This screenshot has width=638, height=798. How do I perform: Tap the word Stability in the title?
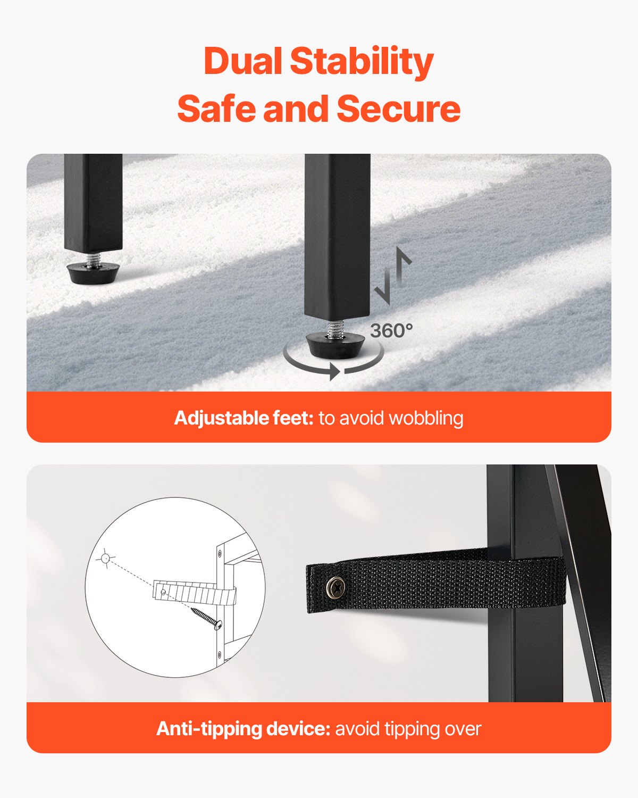[362, 63]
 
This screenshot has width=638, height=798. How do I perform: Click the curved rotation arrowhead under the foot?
[334, 372]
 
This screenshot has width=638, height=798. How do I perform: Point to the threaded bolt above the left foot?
[93, 260]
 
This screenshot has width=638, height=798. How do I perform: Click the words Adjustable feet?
[244, 418]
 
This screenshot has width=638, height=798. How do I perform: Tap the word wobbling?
[426, 419]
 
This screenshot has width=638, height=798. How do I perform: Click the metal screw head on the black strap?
[336, 587]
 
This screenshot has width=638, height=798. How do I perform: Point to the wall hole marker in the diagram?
[105, 558]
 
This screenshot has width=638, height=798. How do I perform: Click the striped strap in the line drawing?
[195, 593]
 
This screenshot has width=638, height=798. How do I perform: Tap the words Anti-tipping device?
[243, 729]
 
